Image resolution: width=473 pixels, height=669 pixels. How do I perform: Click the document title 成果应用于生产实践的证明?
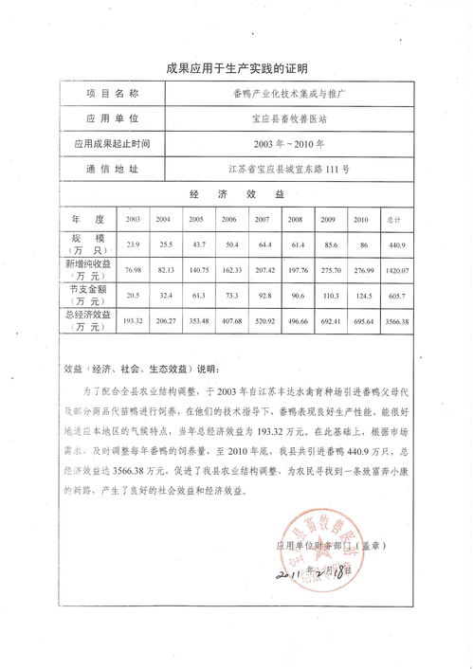(236, 68)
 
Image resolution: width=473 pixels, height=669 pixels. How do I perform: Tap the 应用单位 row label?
(112, 119)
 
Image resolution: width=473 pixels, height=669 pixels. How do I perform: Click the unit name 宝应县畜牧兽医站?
(289, 119)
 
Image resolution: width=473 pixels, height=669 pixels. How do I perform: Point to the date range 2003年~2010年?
(289, 144)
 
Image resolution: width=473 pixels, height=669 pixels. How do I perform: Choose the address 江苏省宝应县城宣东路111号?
(289, 169)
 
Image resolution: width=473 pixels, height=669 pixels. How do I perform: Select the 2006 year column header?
(229, 219)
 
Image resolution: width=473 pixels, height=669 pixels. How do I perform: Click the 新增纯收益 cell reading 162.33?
(229, 270)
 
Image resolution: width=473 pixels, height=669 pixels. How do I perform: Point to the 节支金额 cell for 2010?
(360, 296)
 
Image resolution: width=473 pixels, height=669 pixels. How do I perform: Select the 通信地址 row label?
(112, 169)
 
